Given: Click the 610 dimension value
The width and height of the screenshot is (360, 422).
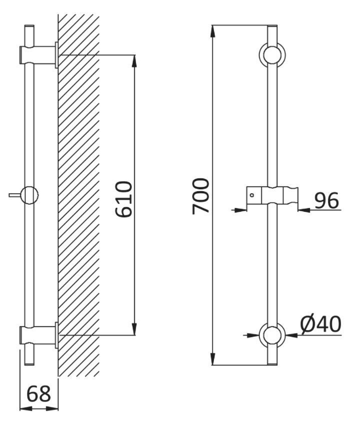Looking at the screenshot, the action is [124, 199].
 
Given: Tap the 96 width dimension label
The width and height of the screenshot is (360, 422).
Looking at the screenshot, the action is [326, 200].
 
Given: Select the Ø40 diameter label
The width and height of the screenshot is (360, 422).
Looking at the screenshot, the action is [321, 324].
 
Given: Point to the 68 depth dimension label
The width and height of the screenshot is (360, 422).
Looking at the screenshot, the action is [38, 394].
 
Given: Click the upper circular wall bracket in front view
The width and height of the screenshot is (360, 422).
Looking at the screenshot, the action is [272, 55].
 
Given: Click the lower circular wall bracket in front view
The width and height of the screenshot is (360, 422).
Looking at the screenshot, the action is [272, 335].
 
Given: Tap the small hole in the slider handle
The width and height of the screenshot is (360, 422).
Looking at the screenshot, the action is [252, 195].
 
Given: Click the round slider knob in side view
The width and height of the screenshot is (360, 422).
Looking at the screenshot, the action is [29, 195].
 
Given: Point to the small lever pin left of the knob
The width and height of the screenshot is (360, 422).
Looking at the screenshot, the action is [15, 195].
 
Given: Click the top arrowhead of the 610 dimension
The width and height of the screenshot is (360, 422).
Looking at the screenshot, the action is [134, 61].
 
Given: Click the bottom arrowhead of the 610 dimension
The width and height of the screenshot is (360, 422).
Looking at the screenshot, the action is [134, 329].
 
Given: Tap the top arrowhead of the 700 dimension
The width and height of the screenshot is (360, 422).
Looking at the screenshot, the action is [212, 31].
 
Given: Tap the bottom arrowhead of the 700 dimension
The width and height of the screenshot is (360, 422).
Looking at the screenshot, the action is [212, 359].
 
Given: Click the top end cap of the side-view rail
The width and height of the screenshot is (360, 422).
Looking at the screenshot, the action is [29, 26].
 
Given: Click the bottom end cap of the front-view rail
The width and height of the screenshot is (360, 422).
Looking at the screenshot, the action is [272, 364].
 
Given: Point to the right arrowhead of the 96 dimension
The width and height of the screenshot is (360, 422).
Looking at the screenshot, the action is [304, 209].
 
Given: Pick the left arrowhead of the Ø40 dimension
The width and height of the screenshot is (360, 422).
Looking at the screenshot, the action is [253, 335].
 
